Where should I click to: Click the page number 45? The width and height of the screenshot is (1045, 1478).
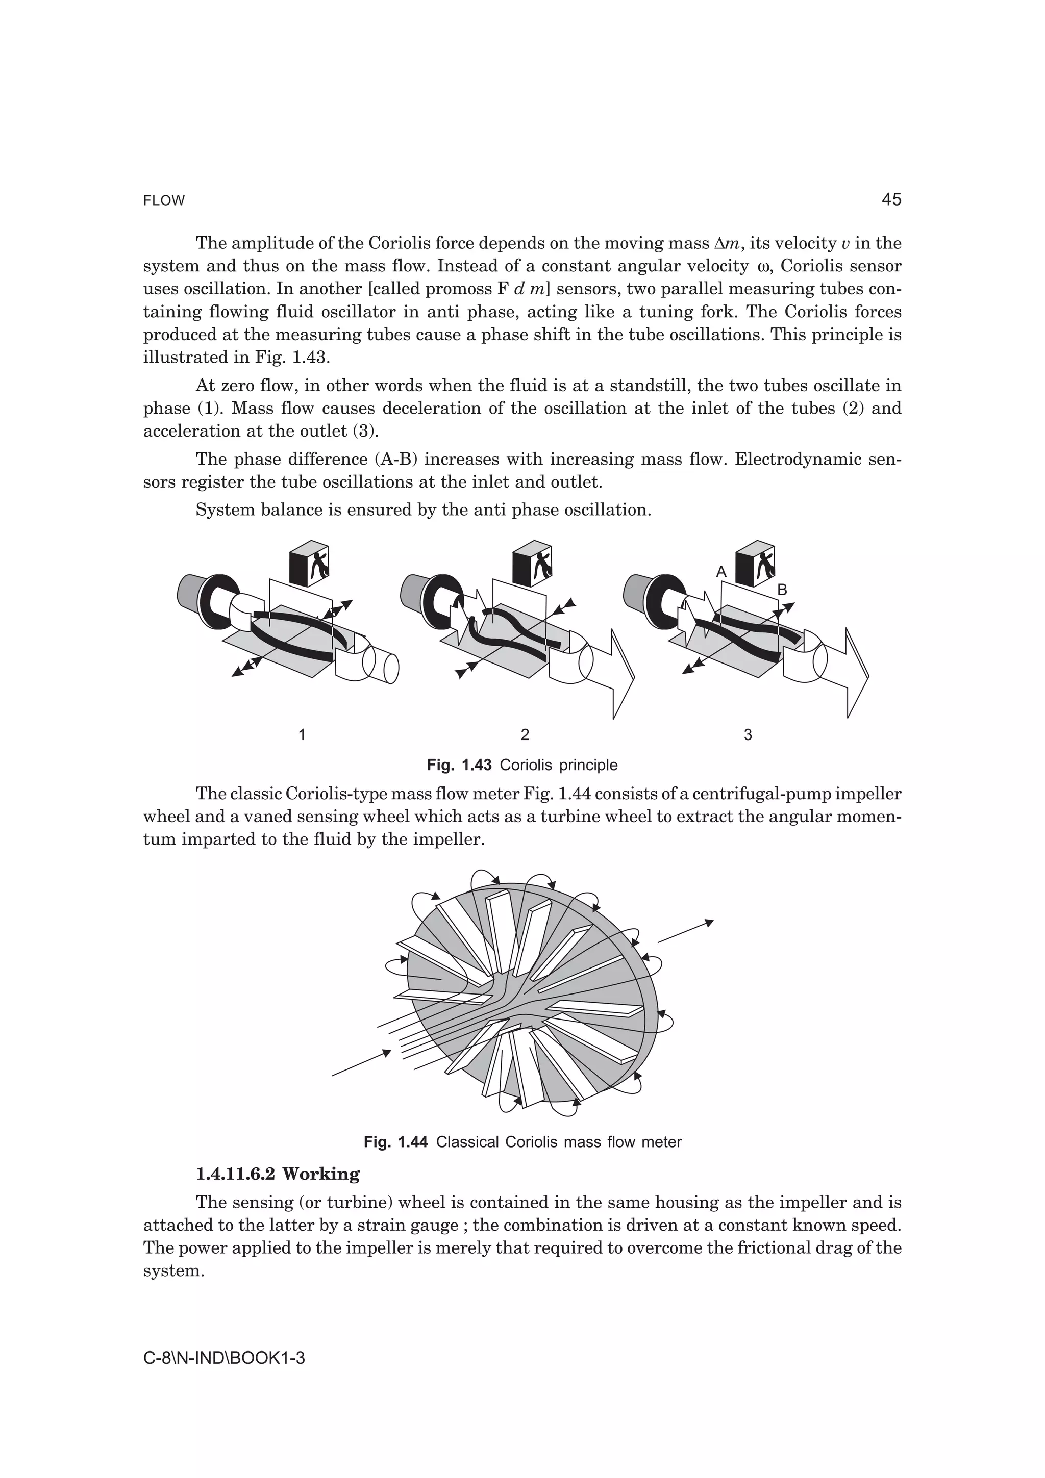coord(891,199)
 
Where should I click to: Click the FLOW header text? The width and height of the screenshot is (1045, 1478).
coord(164,201)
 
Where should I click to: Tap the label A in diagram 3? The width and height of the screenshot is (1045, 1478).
coord(721,572)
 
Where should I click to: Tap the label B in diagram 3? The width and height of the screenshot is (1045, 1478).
coord(782,590)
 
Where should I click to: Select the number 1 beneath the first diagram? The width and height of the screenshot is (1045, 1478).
coord(302,734)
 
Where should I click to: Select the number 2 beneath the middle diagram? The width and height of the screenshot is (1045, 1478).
coord(525,734)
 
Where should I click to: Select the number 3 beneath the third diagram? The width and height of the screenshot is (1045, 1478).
coord(748,734)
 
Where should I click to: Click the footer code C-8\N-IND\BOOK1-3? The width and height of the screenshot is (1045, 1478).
coord(223,1358)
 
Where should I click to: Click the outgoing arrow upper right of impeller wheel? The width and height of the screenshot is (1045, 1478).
coord(685,931)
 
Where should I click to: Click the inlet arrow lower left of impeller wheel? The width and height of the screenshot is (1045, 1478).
coord(361,1062)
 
